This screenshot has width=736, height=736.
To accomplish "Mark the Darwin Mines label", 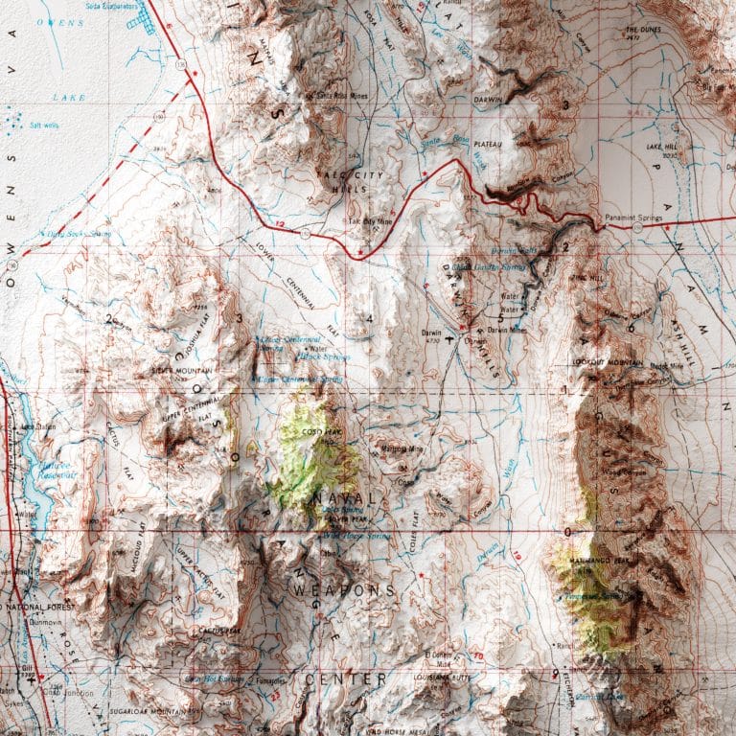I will coord(507,330).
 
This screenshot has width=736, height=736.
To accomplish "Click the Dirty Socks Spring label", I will coord(75,233).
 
